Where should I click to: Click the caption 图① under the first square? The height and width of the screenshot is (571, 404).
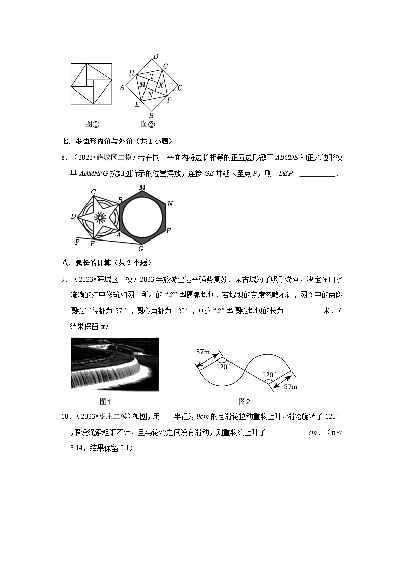(x=92, y=124)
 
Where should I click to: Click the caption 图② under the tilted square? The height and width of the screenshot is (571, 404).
(x=148, y=124)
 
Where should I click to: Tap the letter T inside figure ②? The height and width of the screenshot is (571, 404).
(x=152, y=76)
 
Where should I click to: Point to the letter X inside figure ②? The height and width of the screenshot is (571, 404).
(x=161, y=85)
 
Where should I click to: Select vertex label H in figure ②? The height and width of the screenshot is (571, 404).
(x=131, y=73)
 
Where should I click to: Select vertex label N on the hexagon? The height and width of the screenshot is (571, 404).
(x=170, y=204)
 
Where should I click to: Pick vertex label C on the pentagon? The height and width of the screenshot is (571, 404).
(x=94, y=192)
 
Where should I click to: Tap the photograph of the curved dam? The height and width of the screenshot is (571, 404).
(x=114, y=364)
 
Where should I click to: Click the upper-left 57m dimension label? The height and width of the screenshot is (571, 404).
(x=204, y=351)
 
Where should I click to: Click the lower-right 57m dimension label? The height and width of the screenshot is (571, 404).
(x=290, y=387)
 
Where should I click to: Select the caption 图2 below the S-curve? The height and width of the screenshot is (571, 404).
(x=245, y=401)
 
